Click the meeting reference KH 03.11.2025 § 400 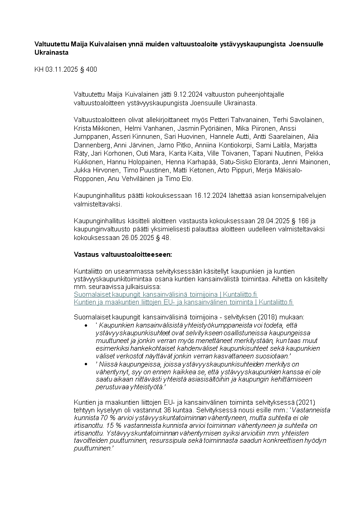[66, 69]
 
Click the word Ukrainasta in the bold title [52, 53]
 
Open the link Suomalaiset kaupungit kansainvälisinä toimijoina [165, 294]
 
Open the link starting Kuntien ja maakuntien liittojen [184, 302]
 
